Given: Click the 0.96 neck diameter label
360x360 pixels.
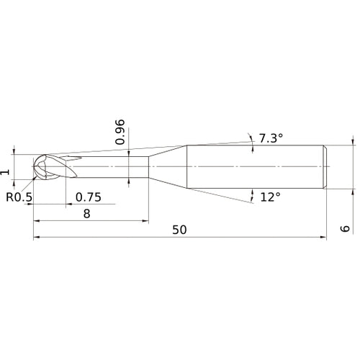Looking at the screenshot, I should [x=121, y=131].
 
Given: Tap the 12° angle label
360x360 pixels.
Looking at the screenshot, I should [x=270, y=196].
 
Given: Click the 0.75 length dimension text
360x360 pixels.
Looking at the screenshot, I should [x=88, y=196].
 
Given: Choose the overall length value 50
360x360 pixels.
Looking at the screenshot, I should [x=180, y=230].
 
